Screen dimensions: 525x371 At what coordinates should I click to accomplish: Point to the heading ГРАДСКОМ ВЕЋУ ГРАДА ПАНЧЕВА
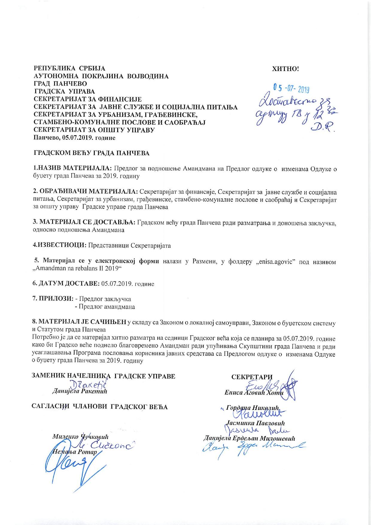coord(92,153)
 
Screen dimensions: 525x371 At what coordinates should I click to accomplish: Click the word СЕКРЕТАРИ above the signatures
coord(252,377)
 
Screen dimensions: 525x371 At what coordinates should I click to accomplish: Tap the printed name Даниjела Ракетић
coord(79,391)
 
